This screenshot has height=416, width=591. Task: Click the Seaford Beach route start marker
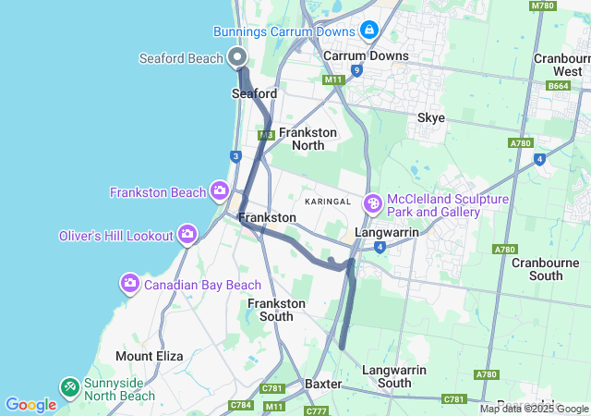[237, 56]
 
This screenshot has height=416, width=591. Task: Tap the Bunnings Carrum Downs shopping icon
[369, 31]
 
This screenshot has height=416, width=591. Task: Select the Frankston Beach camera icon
[220, 191]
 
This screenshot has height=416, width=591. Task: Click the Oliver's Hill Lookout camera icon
[188, 234]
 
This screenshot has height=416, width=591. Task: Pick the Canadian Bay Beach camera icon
[130, 283]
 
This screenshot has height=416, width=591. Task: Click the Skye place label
[430, 117]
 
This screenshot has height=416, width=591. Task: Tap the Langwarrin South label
[394, 376]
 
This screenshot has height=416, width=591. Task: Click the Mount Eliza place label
[149, 356]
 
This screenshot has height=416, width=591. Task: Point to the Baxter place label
[323, 383]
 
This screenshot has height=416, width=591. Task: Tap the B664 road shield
[558, 86]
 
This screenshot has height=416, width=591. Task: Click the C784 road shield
[242, 404]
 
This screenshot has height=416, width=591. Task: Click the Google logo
[30, 404]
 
